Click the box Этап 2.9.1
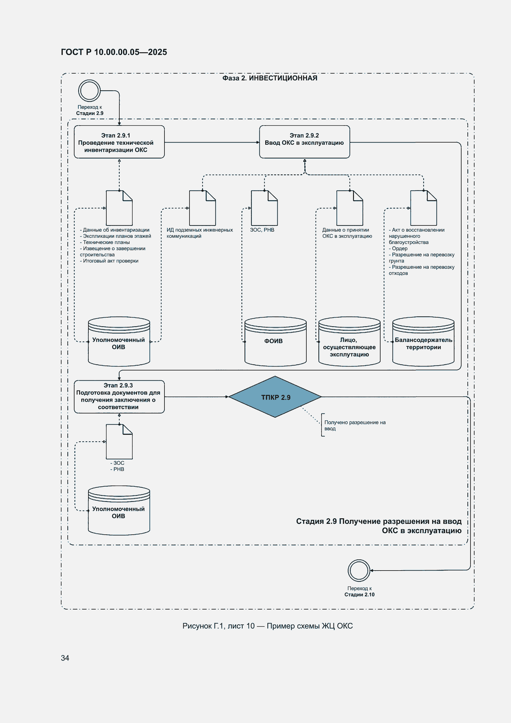tap(119, 142)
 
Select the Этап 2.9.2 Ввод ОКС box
tap(304, 142)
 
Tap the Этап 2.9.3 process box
tap(119, 396)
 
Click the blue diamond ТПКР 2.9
tap(275, 397)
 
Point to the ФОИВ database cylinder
tap(275, 341)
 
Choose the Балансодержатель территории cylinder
tap(423, 341)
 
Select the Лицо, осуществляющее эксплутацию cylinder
tap(350, 341)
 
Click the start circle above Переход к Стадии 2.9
tap(89, 91)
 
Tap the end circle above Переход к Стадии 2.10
tap(359, 570)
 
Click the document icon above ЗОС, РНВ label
tap(264, 208)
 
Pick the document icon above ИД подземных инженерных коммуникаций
tap(202, 208)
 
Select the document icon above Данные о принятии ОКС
tap(350, 208)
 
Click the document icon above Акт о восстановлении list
tap(424, 208)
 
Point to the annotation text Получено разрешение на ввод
tap(355, 426)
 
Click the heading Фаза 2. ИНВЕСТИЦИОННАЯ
tap(270, 78)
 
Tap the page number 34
tap(65, 658)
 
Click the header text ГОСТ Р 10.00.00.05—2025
tap(114, 52)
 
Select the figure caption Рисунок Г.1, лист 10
tap(268, 626)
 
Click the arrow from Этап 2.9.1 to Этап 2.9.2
tap(212, 142)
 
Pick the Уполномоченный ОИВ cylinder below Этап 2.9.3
tap(119, 510)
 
